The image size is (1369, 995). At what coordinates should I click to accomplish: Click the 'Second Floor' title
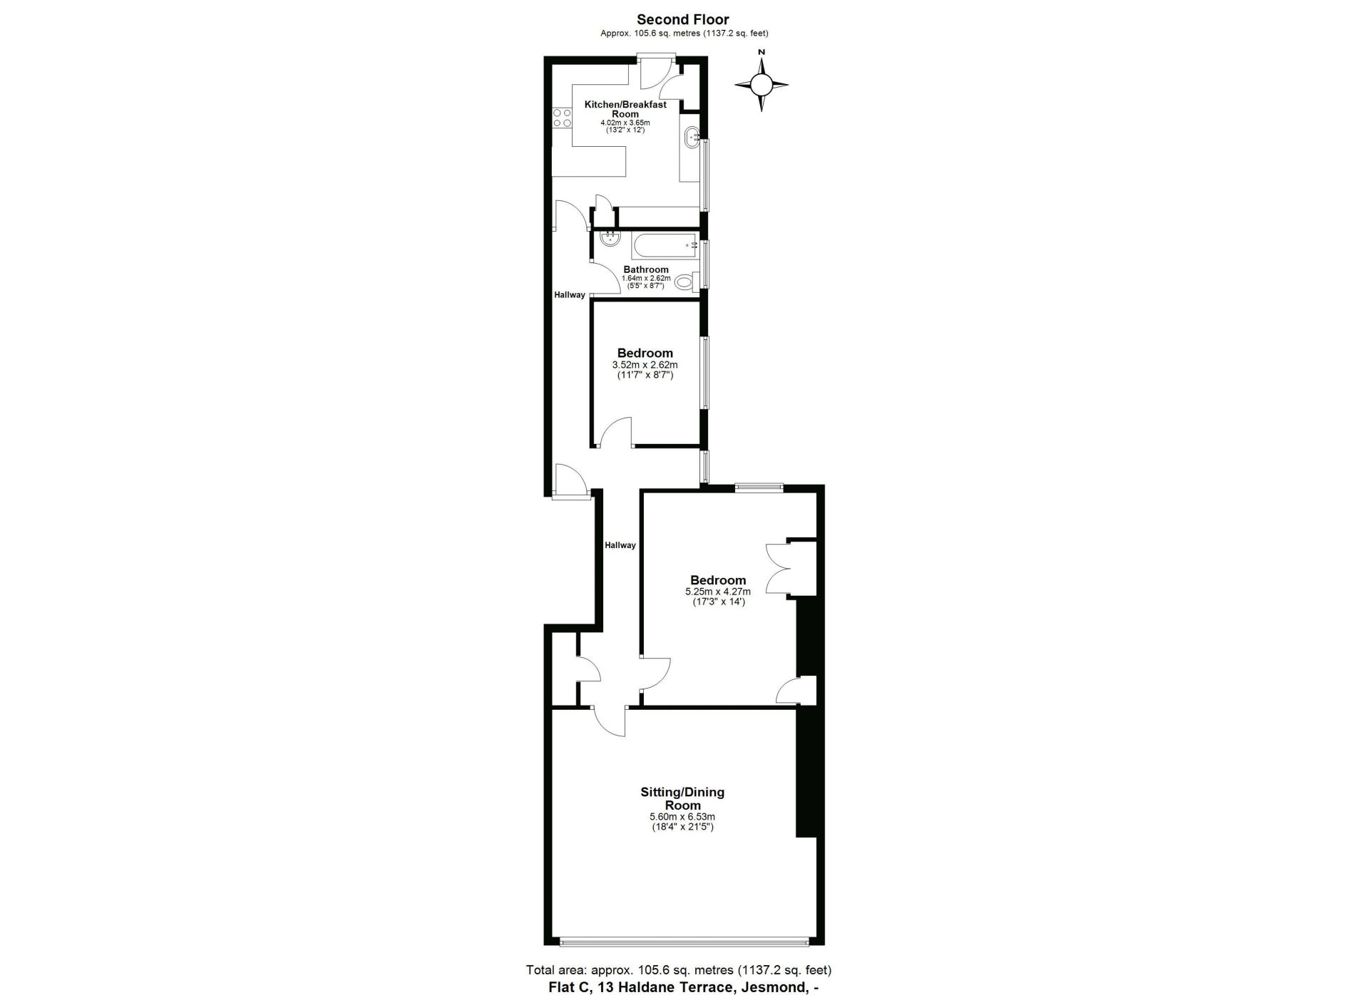(683, 20)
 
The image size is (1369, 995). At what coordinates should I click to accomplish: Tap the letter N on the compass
(762, 51)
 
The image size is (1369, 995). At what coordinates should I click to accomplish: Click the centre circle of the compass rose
(762, 86)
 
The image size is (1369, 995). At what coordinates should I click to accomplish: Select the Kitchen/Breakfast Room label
(625, 109)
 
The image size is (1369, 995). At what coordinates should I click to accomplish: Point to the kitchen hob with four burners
(562, 118)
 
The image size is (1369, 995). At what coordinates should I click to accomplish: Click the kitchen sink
(691, 138)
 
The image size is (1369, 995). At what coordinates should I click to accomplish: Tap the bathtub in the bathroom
(664, 246)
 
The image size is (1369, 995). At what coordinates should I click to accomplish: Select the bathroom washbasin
(610, 239)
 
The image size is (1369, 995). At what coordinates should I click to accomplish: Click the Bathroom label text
(646, 269)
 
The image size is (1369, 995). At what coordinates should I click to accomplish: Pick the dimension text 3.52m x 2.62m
(645, 365)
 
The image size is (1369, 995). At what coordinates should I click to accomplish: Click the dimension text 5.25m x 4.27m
(718, 592)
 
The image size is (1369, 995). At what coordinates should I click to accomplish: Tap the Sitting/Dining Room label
(682, 798)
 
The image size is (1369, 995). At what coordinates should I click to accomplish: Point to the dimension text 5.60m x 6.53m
(682, 817)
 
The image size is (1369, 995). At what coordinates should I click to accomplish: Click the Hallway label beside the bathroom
(570, 295)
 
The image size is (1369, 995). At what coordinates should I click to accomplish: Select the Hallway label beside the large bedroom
(620, 545)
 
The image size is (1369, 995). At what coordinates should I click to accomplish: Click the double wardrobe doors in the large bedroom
(779, 568)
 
